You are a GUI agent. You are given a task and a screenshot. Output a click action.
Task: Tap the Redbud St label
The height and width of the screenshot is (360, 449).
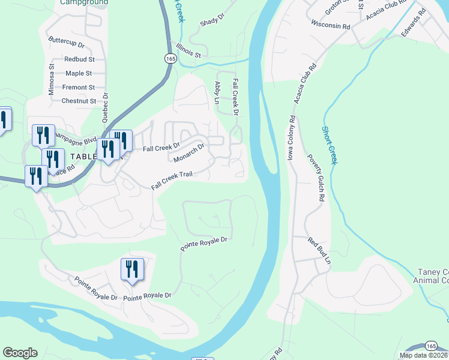tap(79, 59)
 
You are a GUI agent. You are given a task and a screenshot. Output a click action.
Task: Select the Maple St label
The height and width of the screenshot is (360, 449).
tap(79, 73)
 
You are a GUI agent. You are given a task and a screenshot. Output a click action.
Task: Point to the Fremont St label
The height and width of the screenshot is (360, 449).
tap(79, 87)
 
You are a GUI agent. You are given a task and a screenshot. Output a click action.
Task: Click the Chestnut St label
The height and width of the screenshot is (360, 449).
tap(79, 101)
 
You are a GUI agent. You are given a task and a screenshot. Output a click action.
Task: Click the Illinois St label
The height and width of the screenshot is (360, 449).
tap(185, 50)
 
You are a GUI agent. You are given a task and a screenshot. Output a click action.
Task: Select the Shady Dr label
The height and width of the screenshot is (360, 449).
tap(211, 22)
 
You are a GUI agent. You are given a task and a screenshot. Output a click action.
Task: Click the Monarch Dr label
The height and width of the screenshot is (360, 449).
tap(190, 152)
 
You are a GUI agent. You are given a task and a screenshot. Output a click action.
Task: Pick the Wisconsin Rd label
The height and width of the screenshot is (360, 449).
tap(330, 26)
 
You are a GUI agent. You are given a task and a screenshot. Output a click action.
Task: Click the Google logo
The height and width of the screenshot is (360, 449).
tap(20, 353)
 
